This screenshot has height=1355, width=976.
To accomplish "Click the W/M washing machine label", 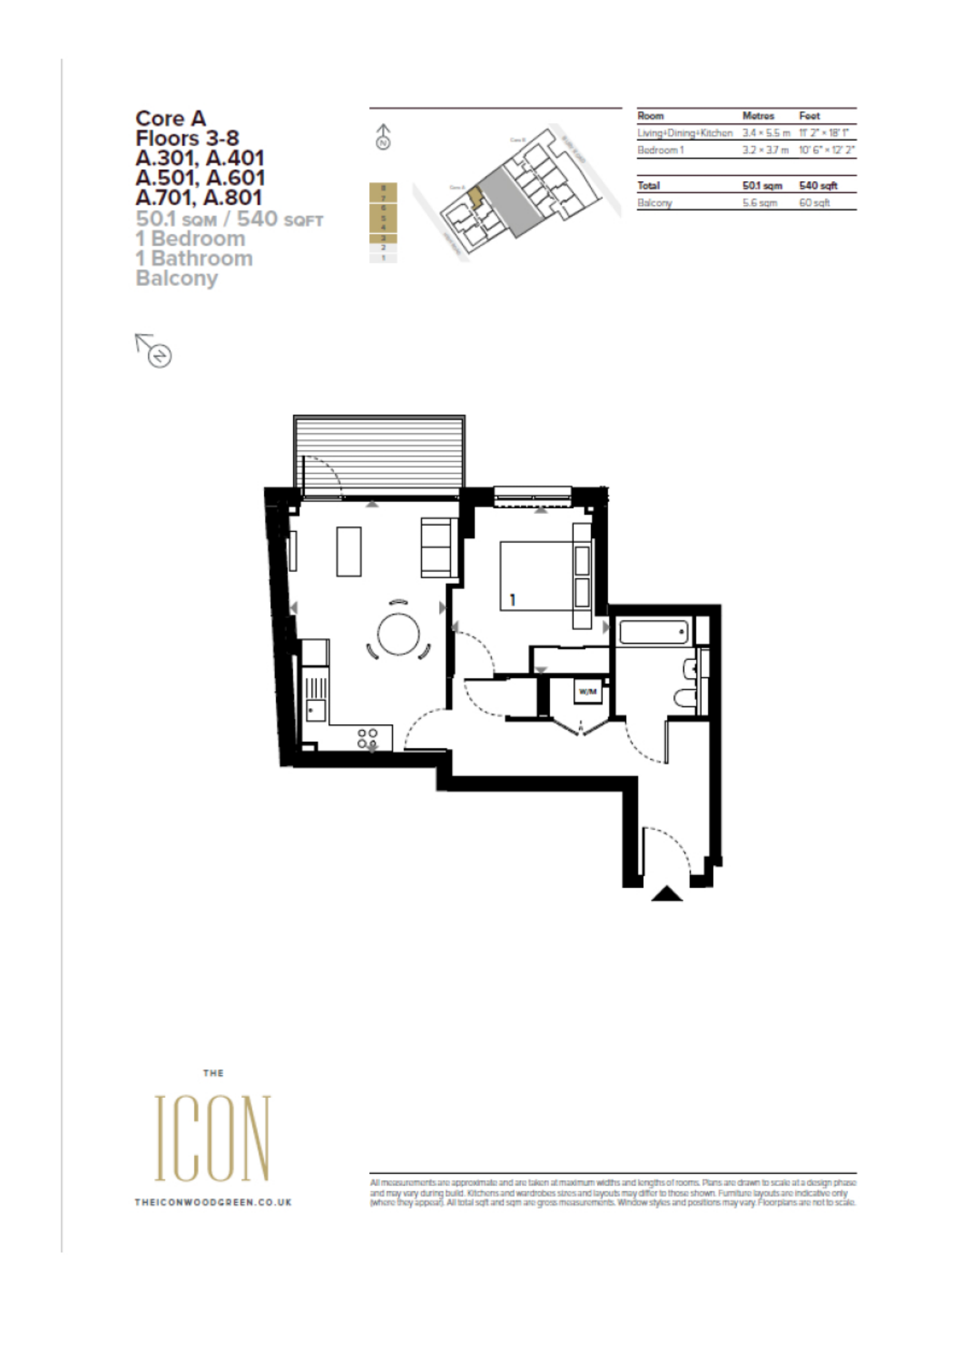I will [588, 692].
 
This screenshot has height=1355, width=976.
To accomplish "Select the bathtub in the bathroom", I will [653, 632].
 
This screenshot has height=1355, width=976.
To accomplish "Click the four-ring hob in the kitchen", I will [367, 739].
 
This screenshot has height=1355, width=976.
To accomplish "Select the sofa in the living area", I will [438, 547].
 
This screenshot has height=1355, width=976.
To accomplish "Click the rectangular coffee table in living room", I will [349, 551].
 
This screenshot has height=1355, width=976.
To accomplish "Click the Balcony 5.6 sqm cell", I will [760, 203].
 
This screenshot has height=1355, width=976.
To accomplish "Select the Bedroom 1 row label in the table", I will [660, 150].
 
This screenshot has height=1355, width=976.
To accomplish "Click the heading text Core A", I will [171, 119].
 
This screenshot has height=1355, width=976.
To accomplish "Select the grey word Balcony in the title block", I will [177, 278].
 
